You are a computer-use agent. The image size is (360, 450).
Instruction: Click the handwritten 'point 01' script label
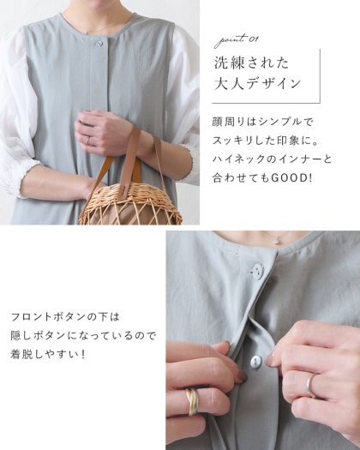click(237, 40)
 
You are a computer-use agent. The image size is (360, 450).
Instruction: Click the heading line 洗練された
click(251, 63)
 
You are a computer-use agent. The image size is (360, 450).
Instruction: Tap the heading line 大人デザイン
click(257, 84)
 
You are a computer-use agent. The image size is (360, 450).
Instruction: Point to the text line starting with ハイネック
click(272, 159)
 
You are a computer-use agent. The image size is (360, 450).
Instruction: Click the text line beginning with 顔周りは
click(262, 122)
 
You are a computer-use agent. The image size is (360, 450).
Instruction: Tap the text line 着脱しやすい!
click(48, 355)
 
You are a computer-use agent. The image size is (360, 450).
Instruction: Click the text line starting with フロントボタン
click(65, 317)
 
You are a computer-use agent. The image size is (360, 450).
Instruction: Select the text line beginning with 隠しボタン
click(83, 335)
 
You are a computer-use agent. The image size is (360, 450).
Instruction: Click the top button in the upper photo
click(99, 44)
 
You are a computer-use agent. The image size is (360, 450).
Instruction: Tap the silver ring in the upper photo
click(87, 141)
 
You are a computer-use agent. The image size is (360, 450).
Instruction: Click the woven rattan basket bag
click(130, 204)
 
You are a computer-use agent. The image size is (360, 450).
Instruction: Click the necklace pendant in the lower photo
click(277, 241)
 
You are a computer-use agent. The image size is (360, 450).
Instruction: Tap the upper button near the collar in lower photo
click(257, 271)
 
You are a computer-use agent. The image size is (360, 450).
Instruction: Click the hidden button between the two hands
click(256, 363)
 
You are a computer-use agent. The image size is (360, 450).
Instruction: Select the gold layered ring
click(192, 402)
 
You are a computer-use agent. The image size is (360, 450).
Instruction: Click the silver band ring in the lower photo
click(311, 386)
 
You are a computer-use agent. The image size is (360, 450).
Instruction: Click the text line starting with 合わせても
click(262, 178)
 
